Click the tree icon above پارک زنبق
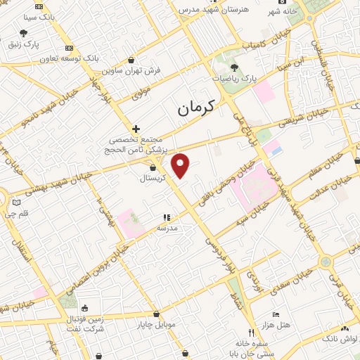pos(24,33)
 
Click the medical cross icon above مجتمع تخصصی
pos(136,129)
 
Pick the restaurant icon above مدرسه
pos(167,218)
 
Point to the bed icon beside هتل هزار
pos(276,314)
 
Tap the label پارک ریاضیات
pos(254,79)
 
